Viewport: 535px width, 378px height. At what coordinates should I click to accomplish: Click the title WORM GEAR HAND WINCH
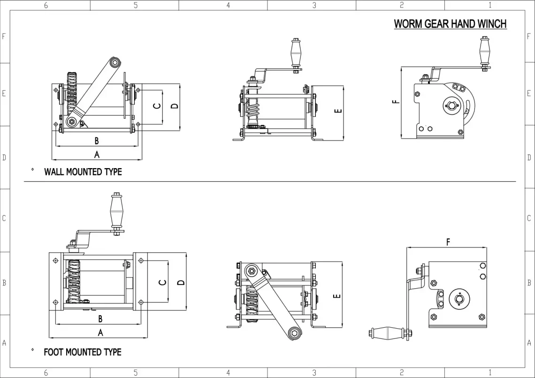[450, 23]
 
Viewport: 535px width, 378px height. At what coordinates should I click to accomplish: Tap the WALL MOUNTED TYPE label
[83, 172]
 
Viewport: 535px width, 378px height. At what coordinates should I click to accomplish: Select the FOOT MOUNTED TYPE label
[82, 352]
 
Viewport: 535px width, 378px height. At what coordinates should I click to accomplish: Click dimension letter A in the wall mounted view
[97, 154]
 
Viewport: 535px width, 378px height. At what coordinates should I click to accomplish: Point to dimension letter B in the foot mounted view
[100, 319]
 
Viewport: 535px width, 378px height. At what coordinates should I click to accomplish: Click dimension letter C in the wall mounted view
[158, 106]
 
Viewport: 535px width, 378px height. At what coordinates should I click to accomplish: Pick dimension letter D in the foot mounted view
[181, 282]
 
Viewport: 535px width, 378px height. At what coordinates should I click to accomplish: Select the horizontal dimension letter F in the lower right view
[448, 242]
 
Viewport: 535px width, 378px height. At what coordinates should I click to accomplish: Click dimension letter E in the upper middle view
[338, 111]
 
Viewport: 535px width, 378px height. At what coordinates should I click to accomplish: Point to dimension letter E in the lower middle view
[336, 296]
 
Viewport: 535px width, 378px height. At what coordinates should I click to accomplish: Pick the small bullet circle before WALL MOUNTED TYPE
[32, 170]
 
